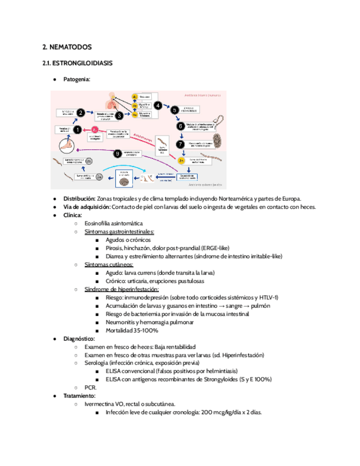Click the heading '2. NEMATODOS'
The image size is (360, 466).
click(67, 47)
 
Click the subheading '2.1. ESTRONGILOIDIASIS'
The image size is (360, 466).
click(77, 63)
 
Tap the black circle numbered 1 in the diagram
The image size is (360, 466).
click(77, 130)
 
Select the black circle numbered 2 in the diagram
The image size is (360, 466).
click(80, 113)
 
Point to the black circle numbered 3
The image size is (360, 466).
click(118, 115)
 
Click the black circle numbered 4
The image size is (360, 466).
click(158, 105)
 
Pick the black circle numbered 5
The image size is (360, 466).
click(175, 109)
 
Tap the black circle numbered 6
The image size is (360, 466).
click(180, 126)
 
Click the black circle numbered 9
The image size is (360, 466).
click(117, 153)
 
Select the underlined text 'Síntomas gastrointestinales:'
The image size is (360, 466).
click(119, 232)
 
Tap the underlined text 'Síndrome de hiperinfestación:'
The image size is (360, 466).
click(121, 289)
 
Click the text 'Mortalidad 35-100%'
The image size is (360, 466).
click(132, 330)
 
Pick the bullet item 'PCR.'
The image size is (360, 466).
click(91, 387)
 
